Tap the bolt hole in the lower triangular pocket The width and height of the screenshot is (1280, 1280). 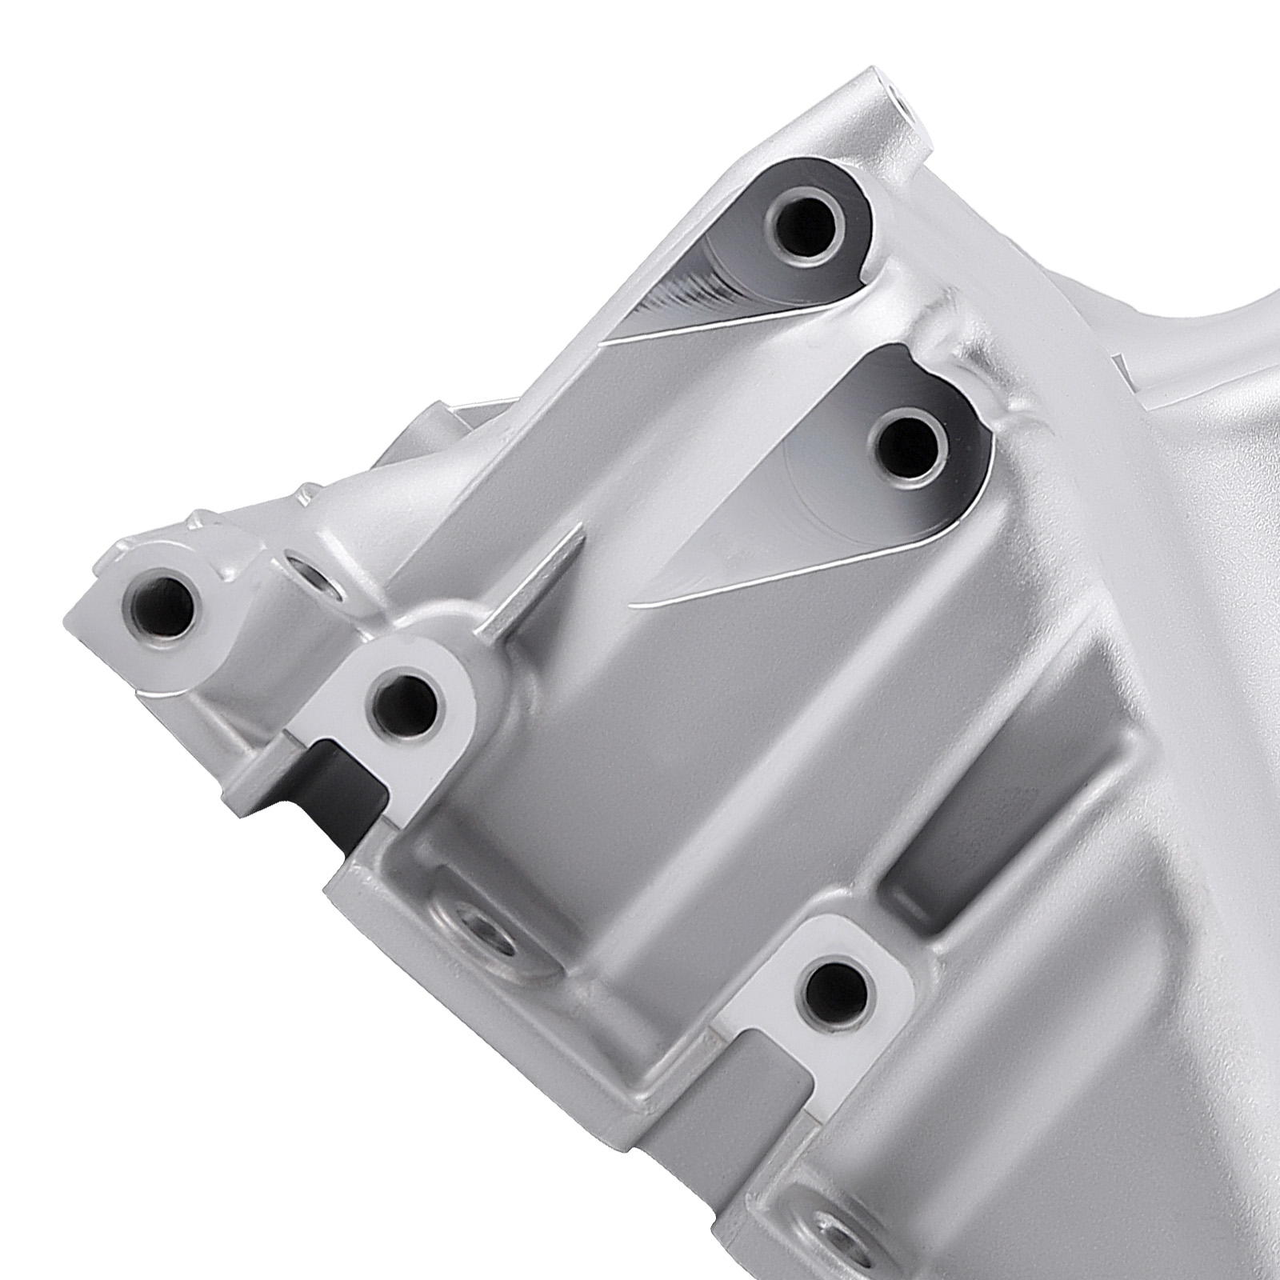(909, 446)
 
